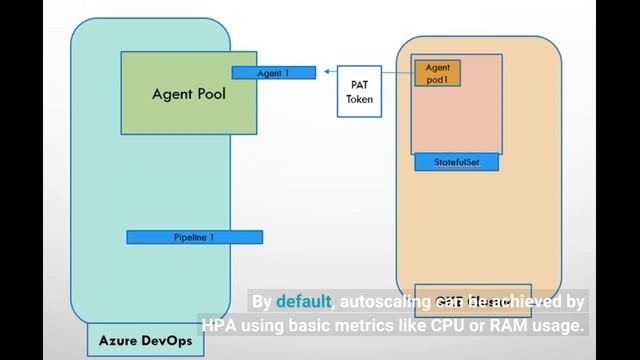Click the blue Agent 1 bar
(x=274, y=73)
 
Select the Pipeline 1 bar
(x=194, y=237)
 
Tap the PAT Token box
(x=359, y=92)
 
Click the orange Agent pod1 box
(x=437, y=73)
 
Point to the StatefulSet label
(x=457, y=162)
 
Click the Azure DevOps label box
(x=145, y=340)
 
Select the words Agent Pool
(x=189, y=95)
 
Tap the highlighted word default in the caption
(x=304, y=302)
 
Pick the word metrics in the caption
(x=386, y=325)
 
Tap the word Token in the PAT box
(x=359, y=99)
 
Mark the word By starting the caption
(x=262, y=302)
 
